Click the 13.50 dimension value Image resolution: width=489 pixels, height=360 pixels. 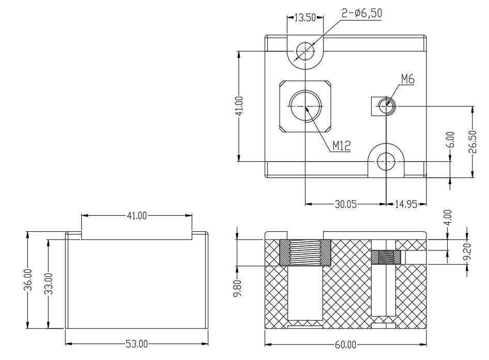click(x=305, y=18)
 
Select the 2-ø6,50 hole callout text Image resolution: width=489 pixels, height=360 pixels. click(x=362, y=13)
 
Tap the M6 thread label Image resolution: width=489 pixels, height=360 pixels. click(x=408, y=79)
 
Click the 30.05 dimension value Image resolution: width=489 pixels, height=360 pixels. click(x=345, y=204)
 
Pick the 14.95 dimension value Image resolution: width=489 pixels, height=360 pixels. click(x=406, y=204)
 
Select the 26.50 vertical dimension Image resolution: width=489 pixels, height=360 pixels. click(x=473, y=142)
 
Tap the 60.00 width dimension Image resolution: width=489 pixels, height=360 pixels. click(x=345, y=344)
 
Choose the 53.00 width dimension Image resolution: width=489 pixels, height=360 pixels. click(x=136, y=344)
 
